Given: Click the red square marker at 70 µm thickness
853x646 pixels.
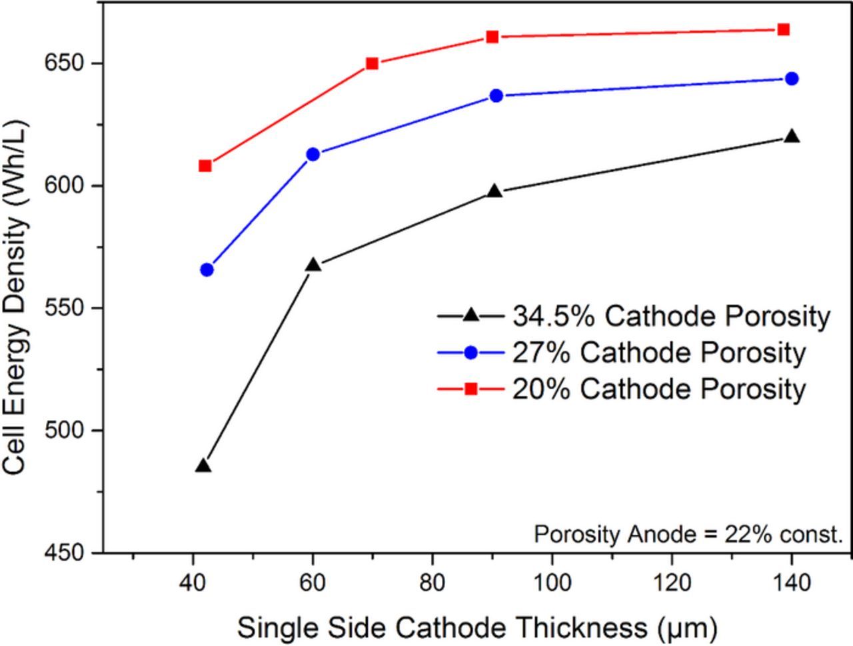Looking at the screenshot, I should pyautogui.click(x=373, y=64).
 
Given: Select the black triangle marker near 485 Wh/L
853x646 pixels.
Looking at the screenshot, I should pyautogui.click(x=204, y=466).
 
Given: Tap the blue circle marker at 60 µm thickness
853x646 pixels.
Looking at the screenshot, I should pyautogui.click(x=313, y=155).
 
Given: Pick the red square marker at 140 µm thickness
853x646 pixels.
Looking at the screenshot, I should pyautogui.click(x=784, y=30).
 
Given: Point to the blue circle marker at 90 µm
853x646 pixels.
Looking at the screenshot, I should pyautogui.click(x=496, y=96).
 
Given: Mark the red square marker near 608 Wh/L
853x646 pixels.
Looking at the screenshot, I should pyautogui.click(x=205, y=166).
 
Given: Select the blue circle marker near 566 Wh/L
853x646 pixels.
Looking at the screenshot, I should pyautogui.click(x=207, y=270).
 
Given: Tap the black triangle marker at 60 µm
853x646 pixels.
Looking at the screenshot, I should pyautogui.click(x=313, y=265).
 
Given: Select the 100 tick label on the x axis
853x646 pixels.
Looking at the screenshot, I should pyautogui.click(x=552, y=583).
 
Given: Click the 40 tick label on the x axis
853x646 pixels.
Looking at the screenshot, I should pyautogui.click(x=193, y=583).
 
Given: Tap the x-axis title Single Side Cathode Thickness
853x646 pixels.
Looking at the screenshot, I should pyautogui.click(x=477, y=628).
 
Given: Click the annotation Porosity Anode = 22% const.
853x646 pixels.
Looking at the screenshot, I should pyautogui.click(x=688, y=534).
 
